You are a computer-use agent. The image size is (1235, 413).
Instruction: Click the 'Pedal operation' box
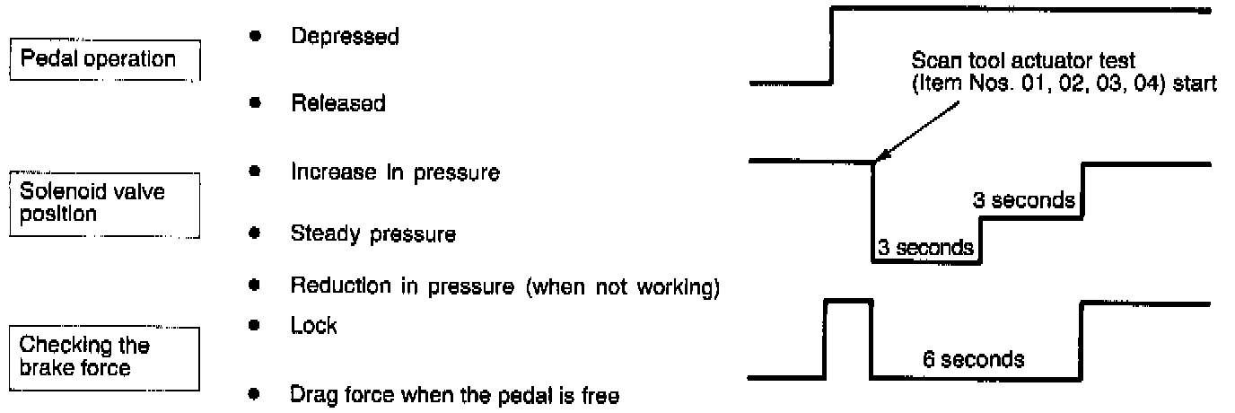click(103, 60)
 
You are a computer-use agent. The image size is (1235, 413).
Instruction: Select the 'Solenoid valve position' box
click(103, 204)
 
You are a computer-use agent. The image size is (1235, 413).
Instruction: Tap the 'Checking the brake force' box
click(103, 356)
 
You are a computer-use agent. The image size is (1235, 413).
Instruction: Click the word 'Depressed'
click(345, 38)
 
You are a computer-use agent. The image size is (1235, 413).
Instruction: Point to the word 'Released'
click(337, 103)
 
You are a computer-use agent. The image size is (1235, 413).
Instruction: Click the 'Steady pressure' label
click(372, 235)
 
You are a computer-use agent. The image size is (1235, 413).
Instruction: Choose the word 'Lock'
click(314, 326)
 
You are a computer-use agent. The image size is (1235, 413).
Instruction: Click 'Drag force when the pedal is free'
click(454, 394)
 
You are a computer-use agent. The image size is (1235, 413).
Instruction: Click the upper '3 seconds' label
click(1025, 201)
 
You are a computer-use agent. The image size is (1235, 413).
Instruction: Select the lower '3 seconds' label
click(924, 247)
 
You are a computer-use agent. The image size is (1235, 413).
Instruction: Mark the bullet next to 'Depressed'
click(256, 38)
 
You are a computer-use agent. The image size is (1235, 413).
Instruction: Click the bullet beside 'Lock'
click(256, 326)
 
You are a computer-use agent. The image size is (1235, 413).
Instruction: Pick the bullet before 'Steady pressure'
click(256, 235)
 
